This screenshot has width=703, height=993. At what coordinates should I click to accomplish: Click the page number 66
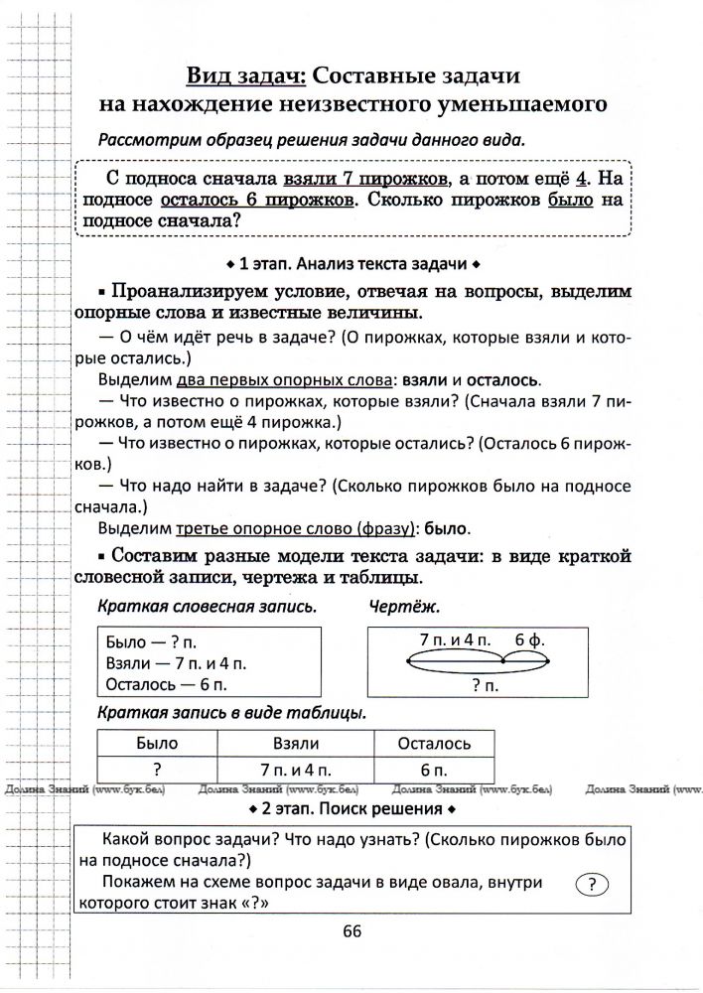351,929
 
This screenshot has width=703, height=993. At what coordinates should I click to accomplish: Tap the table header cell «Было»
157,743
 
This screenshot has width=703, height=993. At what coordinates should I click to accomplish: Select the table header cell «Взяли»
295,743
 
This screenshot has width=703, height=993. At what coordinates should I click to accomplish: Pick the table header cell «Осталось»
433,743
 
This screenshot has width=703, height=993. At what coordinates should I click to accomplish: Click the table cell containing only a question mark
157,769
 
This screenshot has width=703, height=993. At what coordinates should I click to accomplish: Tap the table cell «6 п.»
433,769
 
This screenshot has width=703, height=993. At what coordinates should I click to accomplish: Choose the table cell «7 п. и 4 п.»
295,769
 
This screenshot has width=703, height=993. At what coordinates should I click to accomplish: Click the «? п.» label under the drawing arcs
485,684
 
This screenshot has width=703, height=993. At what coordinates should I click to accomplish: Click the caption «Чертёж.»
404,606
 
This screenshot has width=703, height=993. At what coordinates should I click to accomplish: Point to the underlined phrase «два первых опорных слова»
286,379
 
